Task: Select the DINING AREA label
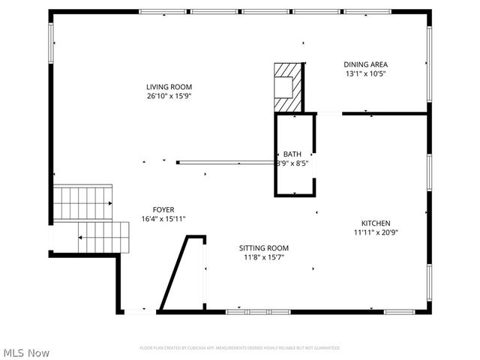(x=365, y=64)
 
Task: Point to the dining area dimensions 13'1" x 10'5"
(x=365, y=74)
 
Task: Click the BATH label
(x=292, y=154)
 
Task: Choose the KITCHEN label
(x=376, y=223)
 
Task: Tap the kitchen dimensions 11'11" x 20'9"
(x=376, y=232)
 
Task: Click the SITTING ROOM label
(x=264, y=247)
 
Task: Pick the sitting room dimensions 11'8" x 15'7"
(x=264, y=257)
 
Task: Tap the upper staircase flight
(x=82, y=201)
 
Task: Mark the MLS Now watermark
(x=26, y=352)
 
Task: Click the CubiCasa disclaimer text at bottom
(x=240, y=348)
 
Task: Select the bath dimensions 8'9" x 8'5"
(x=292, y=163)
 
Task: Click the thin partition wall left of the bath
(x=225, y=162)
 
